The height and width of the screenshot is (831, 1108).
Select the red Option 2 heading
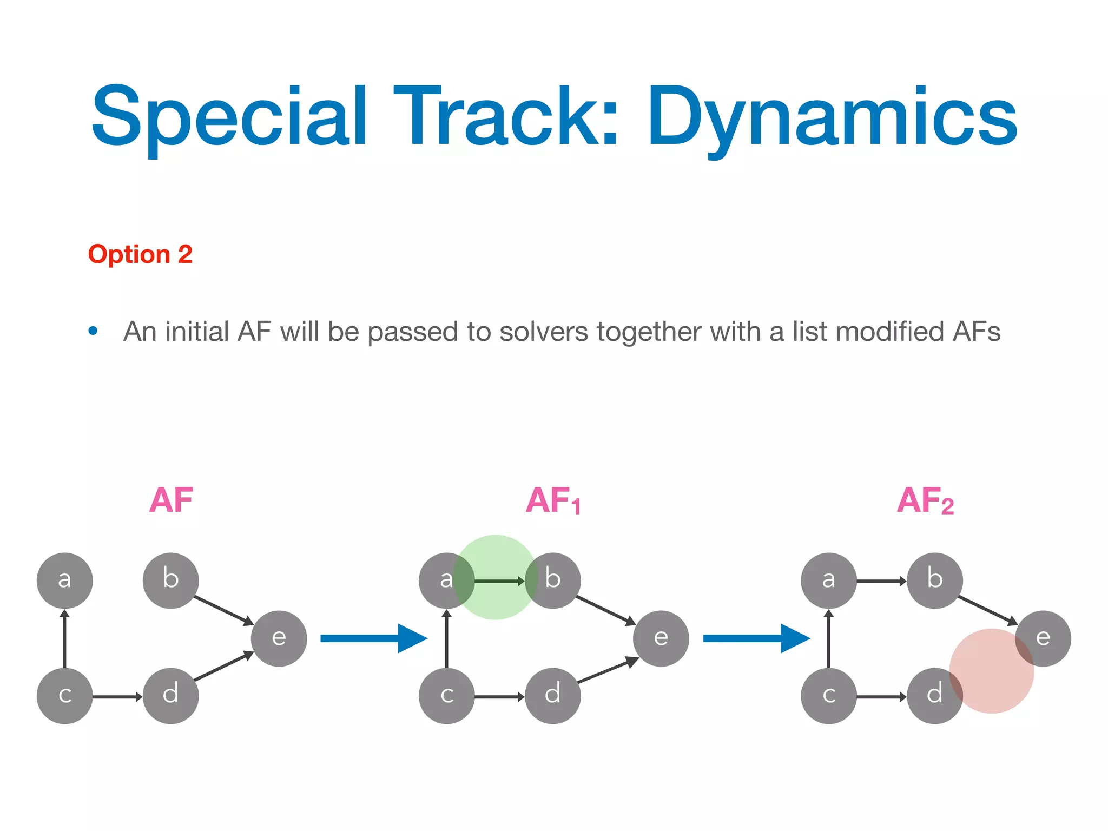point(140,254)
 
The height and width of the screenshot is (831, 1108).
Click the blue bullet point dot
point(93,331)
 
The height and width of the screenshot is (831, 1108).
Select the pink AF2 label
point(925,500)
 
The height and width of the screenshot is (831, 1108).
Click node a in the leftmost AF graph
point(65,581)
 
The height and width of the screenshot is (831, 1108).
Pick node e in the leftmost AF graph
point(279,638)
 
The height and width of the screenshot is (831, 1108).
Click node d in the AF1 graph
point(553,696)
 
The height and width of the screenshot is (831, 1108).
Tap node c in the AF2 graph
point(829,696)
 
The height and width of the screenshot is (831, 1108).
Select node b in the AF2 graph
point(935,581)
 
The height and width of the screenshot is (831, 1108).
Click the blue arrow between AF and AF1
point(373,638)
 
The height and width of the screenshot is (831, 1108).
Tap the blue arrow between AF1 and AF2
point(756,638)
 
